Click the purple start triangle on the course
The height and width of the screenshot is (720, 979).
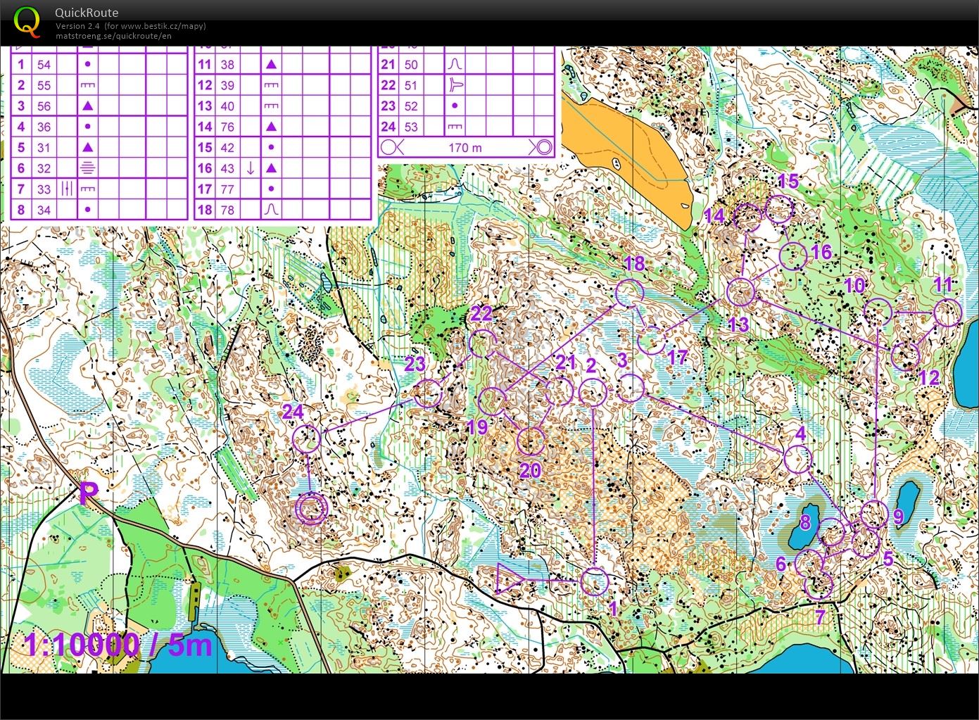click(x=508, y=579)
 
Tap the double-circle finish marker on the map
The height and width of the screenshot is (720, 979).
click(x=311, y=508)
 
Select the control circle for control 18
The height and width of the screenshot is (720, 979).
click(x=629, y=293)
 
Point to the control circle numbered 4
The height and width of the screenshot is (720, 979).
click(x=797, y=460)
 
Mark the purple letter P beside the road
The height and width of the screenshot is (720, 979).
click(x=88, y=493)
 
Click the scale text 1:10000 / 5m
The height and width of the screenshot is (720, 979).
click(x=118, y=645)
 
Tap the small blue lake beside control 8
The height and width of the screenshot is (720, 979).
click(x=803, y=525)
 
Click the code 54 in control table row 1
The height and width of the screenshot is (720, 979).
click(x=44, y=64)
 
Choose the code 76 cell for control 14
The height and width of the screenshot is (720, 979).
click(x=227, y=127)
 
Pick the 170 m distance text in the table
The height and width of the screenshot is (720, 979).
click(x=465, y=148)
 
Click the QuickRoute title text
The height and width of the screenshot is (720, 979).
click(x=87, y=13)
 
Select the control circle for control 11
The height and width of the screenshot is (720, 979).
click(x=947, y=312)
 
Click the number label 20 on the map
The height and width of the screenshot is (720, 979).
click(x=529, y=469)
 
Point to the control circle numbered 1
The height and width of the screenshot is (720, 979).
click(x=595, y=581)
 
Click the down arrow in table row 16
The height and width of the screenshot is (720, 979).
click(x=250, y=168)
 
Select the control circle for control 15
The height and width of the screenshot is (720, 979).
click(x=779, y=209)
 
